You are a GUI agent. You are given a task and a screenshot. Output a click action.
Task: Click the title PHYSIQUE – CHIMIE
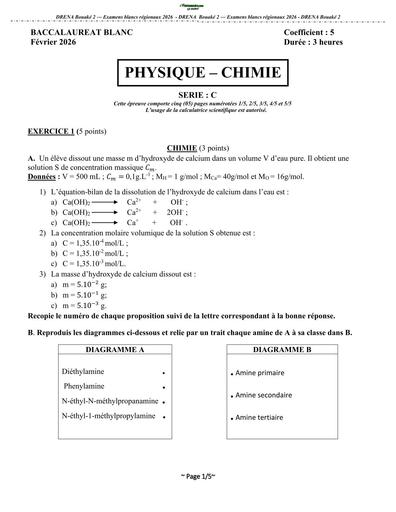click(x=199, y=76)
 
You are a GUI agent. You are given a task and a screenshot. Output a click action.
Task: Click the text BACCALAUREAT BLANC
click(x=74, y=32)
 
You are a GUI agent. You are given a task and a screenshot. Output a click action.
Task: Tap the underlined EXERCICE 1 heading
click(x=51, y=132)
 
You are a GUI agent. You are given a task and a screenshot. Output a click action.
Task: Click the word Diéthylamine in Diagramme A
click(x=86, y=370)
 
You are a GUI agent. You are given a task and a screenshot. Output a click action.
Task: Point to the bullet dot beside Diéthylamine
click(x=163, y=371)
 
